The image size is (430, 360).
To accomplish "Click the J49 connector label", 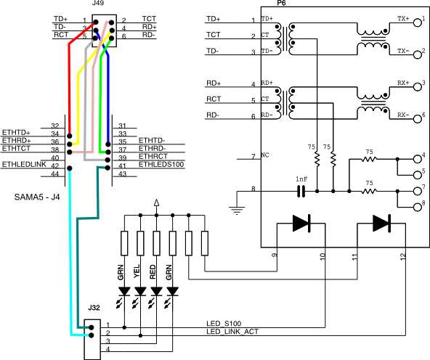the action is [98, 4].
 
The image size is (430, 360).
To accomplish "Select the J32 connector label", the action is [94, 308].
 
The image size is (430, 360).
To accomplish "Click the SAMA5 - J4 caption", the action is [37, 197].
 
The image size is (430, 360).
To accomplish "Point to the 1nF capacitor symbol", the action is [301, 191].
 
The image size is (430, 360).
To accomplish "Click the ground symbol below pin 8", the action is [237, 210].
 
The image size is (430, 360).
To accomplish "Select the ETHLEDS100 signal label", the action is [161, 164].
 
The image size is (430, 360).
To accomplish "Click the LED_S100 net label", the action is [224, 324].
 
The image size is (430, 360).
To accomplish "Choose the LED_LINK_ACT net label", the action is [232, 332].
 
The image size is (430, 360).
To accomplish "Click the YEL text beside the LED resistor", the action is [137, 271].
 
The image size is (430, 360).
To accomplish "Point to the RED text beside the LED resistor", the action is [153, 271].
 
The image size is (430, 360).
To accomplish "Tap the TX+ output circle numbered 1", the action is [417, 22].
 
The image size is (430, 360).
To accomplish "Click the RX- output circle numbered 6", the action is [417, 119].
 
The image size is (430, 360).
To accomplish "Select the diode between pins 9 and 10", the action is [301, 224].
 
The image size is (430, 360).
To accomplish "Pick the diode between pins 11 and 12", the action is [382, 224].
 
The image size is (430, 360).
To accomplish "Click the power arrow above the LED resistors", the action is [156, 202].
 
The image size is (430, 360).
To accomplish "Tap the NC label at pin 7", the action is [265, 155].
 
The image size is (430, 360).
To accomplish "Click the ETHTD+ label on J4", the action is [16, 133].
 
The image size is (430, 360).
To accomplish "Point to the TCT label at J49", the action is [149, 19].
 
